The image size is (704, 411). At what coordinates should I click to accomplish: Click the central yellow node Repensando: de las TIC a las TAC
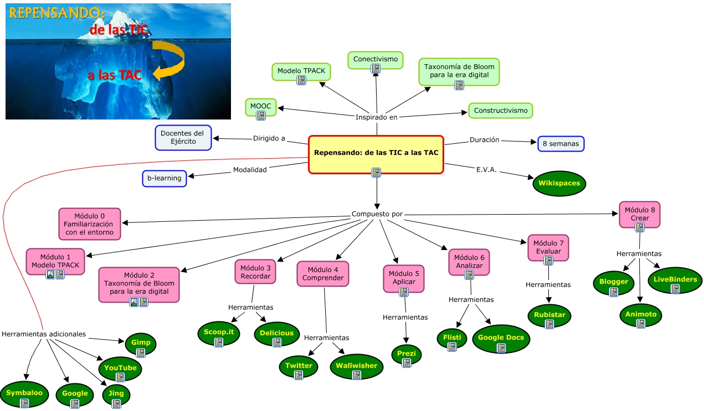click(376, 153)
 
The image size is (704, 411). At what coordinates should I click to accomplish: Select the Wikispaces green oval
click(559, 183)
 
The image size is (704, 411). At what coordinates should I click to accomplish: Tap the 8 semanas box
click(561, 144)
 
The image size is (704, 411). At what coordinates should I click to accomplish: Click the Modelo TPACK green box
click(301, 71)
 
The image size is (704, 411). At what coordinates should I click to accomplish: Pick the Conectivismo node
click(376, 59)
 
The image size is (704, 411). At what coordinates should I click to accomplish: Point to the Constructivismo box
click(500, 111)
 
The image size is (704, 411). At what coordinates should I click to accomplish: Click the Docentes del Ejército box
click(182, 137)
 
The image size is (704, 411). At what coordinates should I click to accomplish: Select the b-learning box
click(165, 179)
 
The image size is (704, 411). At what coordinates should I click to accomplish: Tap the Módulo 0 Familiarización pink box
click(89, 224)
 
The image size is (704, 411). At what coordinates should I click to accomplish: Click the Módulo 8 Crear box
click(640, 215)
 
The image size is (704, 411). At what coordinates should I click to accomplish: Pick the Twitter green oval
click(299, 366)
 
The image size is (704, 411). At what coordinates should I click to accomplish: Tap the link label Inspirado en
click(376, 117)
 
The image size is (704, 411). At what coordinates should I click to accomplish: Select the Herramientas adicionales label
click(44, 334)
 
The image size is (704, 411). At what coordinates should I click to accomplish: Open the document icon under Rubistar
click(549, 324)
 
